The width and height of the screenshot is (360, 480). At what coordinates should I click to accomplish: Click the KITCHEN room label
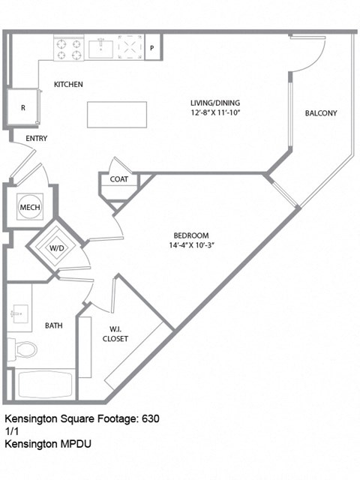(x=67, y=85)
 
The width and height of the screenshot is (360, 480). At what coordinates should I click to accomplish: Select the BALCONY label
(x=321, y=114)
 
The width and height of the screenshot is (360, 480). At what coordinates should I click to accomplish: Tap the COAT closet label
(x=118, y=180)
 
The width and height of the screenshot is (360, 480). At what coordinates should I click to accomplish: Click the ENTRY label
(x=36, y=139)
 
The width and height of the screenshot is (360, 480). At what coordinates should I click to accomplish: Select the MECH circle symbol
(x=30, y=208)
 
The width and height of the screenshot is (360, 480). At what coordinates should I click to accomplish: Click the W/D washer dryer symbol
(x=57, y=248)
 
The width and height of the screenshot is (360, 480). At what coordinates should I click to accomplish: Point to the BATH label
(x=53, y=325)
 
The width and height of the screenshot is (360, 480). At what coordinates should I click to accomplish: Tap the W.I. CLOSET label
(x=115, y=333)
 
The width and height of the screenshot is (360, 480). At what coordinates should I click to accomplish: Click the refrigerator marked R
(x=23, y=108)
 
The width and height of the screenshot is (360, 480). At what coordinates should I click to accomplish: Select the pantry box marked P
(x=152, y=48)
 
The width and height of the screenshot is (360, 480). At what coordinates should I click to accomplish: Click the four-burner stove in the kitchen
(x=68, y=48)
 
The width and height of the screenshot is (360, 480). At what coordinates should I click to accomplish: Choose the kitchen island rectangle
(x=116, y=115)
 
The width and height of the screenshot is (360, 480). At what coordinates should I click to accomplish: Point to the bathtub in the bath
(x=45, y=385)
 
